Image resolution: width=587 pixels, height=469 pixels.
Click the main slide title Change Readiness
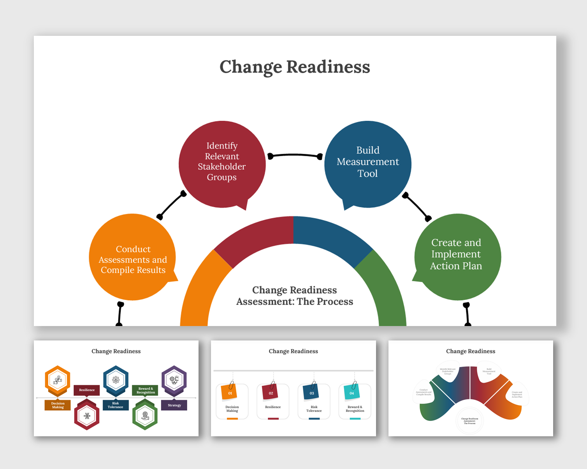point(295,67)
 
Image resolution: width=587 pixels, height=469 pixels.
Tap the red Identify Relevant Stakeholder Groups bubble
point(222,164)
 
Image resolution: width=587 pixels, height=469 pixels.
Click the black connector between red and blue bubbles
point(295,155)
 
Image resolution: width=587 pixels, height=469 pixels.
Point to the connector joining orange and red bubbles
point(171,205)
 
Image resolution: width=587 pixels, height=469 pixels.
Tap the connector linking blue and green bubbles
point(417,206)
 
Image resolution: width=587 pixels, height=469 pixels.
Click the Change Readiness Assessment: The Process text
point(295,296)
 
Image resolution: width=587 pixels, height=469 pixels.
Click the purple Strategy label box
point(174,405)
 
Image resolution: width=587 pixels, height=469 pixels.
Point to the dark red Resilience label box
point(87,390)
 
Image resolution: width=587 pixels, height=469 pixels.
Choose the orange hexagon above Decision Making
point(58,380)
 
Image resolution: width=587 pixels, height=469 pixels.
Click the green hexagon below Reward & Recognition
point(145,416)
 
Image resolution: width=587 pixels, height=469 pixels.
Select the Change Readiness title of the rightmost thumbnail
point(470,351)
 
